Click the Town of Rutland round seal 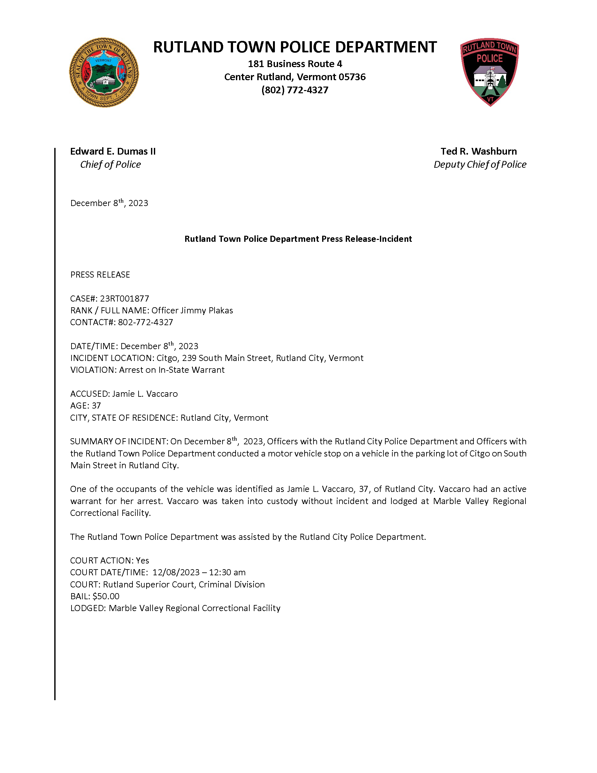pos(104,73)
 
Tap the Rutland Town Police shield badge pos(489,72)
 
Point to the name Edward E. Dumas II pos(113,151)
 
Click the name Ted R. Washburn pos(479,151)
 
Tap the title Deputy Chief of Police pos(480,165)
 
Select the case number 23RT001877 pos(125,298)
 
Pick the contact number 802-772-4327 pos(145,322)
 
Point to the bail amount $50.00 pos(106,596)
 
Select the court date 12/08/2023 pos(176,572)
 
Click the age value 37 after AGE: pos(96,406)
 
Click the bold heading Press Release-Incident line pos(298,239)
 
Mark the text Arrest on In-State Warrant pos(171,370)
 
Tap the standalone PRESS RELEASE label pos(100,275)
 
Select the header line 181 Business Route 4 pos(295,64)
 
